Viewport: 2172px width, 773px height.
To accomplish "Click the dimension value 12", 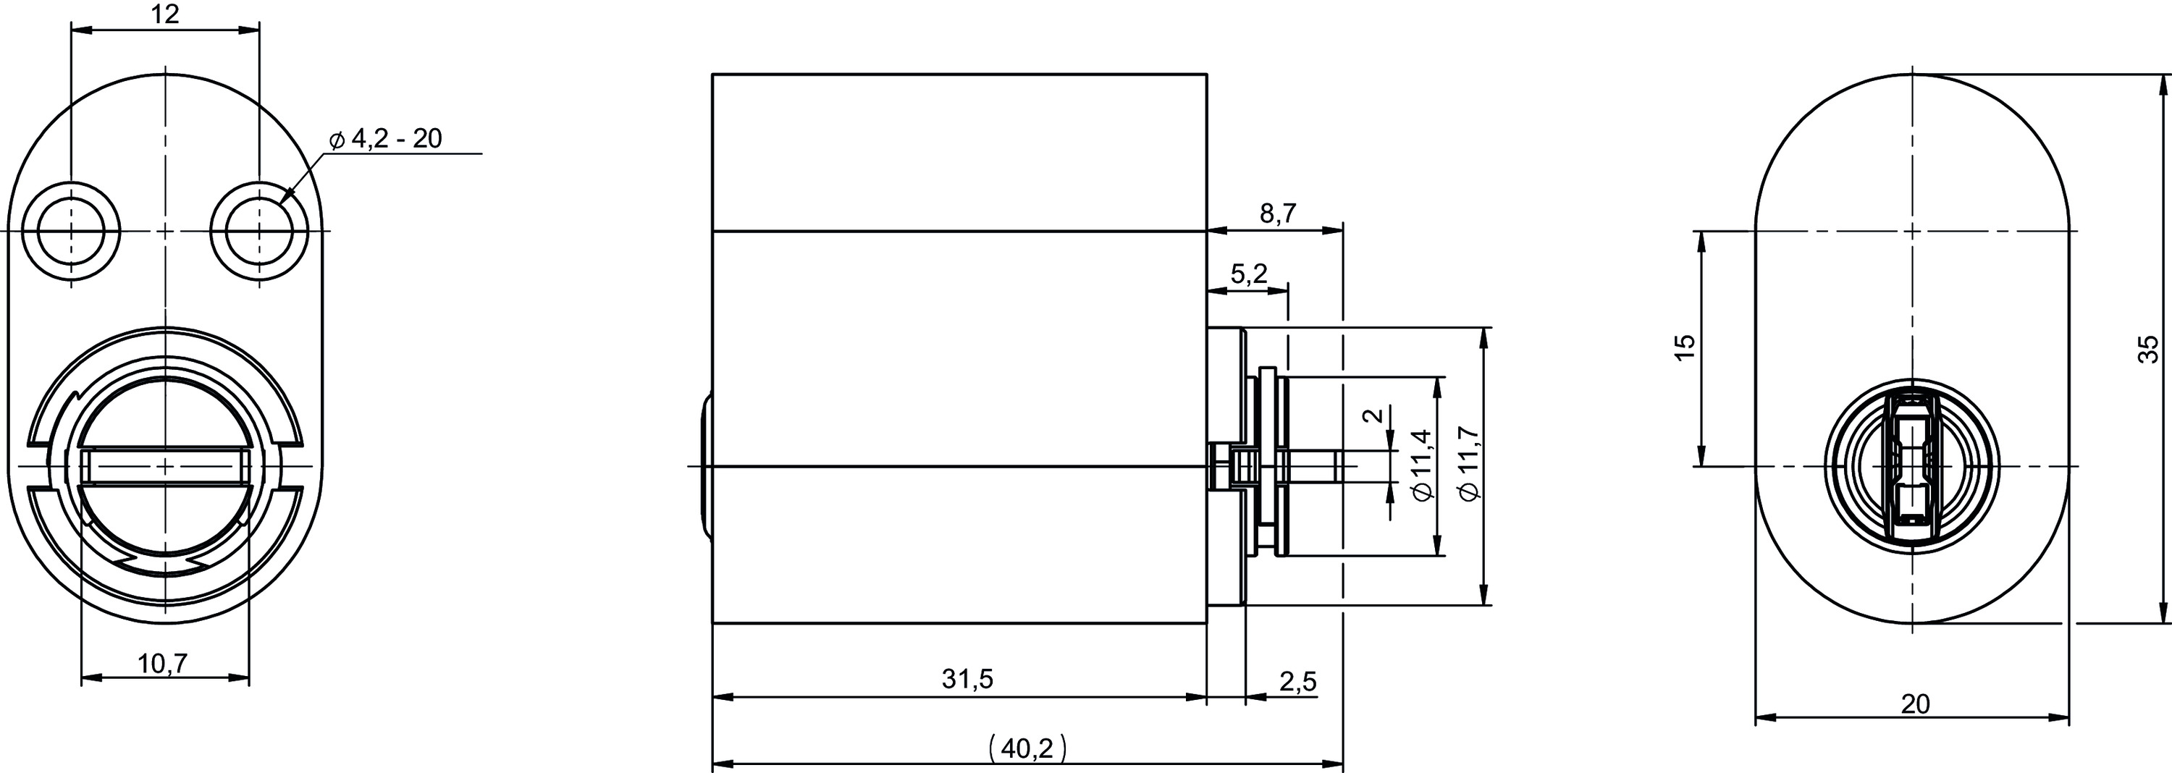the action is click(x=166, y=14).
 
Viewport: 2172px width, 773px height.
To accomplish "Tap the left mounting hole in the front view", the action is click(x=71, y=230).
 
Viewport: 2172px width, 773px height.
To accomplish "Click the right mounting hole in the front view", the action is click(x=259, y=230).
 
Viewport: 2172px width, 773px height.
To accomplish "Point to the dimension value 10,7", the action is click(x=163, y=664).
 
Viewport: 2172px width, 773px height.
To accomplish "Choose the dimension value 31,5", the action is click(x=968, y=679).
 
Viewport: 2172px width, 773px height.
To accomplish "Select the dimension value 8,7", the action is click(x=1279, y=214).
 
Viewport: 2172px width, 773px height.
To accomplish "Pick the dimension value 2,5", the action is click(x=1298, y=681).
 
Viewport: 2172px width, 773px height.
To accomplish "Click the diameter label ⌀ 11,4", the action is click(x=1423, y=465).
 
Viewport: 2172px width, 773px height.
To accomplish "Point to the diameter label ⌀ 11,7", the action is click(x=1470, y=465).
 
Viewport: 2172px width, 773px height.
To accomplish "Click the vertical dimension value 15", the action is click(x=1684, y=347).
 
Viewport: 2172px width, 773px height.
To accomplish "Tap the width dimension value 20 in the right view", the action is click(x=1916, y=704).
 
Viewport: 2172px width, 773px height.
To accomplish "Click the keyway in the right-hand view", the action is click(x=1911, y=466).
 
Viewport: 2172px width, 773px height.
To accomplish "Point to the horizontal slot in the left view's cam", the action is click(x=164, y=466).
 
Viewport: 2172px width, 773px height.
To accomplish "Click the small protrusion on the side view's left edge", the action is click(x=705, y=465).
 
